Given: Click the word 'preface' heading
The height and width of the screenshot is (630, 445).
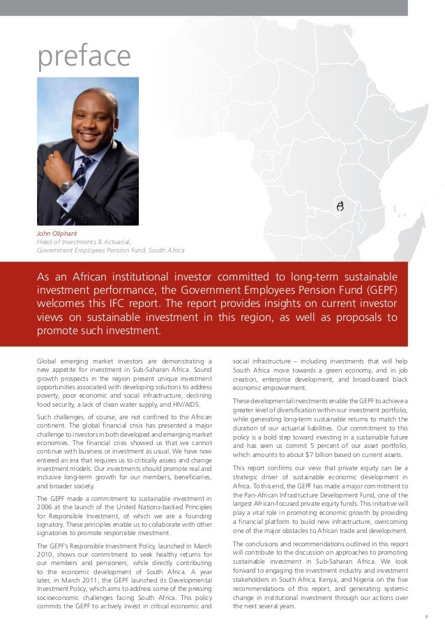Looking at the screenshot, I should (x=84, y=55).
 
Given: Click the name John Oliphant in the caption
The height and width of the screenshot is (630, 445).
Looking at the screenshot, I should (x=57, y=234).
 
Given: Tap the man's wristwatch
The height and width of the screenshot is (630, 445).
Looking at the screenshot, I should (x=68, y=186).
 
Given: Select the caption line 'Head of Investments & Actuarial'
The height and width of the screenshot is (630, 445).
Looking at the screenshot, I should (x=82, y=242).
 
